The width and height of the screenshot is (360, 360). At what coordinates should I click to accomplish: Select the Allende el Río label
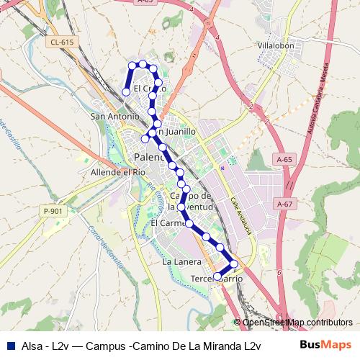[118, 173]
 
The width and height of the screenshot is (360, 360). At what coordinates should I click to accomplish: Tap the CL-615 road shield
[63, 43]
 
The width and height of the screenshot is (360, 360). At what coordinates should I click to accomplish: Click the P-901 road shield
[53, 211]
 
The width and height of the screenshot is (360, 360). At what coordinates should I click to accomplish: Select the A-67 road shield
[286, 205]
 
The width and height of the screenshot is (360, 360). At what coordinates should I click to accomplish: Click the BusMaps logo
[325, 345]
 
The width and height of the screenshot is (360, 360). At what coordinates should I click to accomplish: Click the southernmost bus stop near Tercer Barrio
[217, 276]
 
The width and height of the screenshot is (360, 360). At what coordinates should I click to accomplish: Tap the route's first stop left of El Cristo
[127, 92]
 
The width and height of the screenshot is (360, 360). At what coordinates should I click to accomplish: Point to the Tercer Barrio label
[215, 279]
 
